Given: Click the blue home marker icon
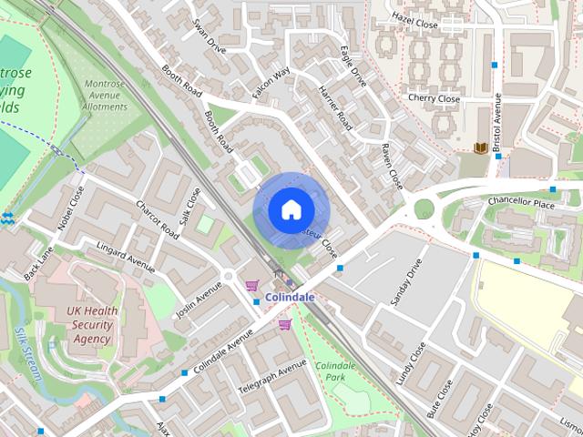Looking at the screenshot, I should pos(290,210).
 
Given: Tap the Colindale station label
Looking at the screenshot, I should pos(291,298).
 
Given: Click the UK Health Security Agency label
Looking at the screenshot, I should pos(92,325).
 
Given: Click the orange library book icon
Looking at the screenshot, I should pos(479,147).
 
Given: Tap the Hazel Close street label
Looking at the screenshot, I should pos(415,18).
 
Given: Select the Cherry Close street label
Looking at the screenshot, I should pos(434,98).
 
